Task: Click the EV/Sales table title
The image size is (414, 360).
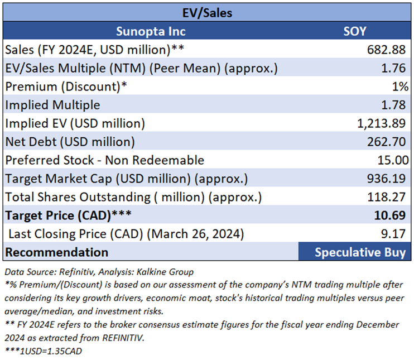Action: click(207, 11)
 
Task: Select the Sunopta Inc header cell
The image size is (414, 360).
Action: click(151, 31)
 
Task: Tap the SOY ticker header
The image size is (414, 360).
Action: click(354, 31)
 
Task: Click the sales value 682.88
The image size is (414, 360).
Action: click(387, 50)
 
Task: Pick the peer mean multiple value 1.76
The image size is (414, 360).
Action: click(394, 68)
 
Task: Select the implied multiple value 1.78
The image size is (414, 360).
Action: click(394, 105)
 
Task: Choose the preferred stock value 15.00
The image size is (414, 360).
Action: click(391, 160)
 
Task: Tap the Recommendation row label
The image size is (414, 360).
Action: click(56, 252)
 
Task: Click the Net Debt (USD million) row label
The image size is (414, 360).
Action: click(70, 142)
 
